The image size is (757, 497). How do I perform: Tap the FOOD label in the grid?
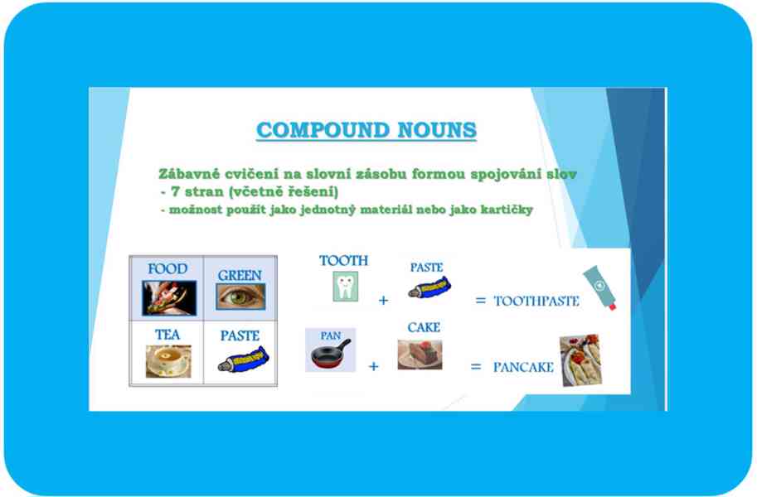(167, 268)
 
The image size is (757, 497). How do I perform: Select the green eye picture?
(240, 297)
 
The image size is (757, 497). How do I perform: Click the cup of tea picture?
(168, 361)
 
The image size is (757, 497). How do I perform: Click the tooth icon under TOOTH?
(345, 287)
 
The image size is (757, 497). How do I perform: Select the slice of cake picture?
(420, 355)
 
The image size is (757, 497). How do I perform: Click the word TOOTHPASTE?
(536, 302)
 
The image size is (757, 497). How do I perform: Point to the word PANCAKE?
(523, 368)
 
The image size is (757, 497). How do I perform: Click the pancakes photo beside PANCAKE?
(580, 360)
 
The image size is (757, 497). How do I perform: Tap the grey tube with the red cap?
(600, 287)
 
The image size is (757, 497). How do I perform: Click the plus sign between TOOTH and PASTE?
(383, 301)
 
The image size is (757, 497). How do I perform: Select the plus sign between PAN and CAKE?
(374, 367)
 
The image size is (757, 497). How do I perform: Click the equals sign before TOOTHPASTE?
(480, 301)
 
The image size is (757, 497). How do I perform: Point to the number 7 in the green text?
(175, 191)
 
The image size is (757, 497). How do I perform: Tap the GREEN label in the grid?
(240, 276)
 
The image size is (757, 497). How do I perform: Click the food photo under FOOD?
(169, 297)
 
